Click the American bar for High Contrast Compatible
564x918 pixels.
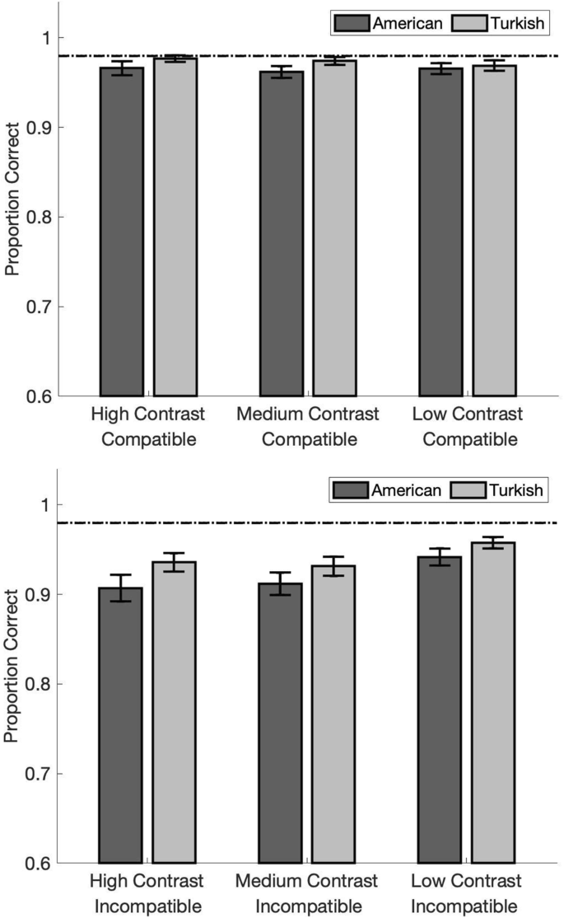click(122, 232)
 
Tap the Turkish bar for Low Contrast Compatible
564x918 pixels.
click(494, 231)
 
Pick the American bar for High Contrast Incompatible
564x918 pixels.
click(120, 725)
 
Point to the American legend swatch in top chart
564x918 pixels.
click(352, 24)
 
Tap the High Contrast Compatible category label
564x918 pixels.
click(148, 426)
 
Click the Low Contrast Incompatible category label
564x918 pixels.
click(468, 893)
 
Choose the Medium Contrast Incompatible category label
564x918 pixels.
click(307, 893)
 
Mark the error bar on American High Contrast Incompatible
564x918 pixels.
click(120, 588)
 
